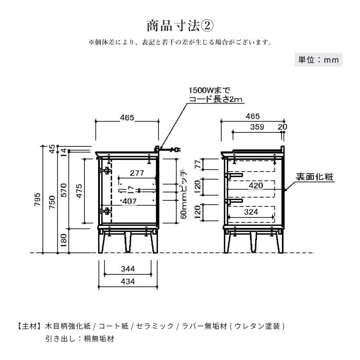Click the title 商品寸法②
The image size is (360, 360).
[180, 26]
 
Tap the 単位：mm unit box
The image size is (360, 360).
[318, 60]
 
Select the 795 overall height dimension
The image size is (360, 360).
[38, 199]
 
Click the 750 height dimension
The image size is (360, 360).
[52, 202]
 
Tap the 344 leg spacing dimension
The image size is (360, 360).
[128, 269]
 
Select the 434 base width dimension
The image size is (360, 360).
[128, 282]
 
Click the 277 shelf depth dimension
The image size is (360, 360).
[137, 173]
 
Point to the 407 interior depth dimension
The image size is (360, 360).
[130, 201]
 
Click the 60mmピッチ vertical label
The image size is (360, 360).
[184, 194]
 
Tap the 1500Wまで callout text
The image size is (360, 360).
[209, 90]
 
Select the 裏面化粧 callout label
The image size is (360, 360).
[314, 177]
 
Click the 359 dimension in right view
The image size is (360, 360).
[257, 127]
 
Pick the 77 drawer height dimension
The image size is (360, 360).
[198, 164]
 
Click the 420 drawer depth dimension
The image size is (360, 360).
[256, 186]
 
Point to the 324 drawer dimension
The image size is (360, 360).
[251, 212]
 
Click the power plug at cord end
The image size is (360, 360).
[176, 150]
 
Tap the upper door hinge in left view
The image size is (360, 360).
[106, 170]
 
